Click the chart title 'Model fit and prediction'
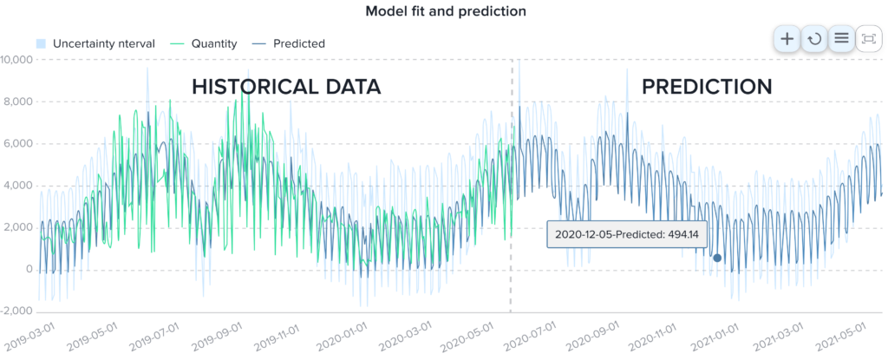445,11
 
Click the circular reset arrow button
813,38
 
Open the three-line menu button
841,38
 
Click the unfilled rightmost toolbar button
870,38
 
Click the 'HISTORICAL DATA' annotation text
286,87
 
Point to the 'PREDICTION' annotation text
706,87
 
